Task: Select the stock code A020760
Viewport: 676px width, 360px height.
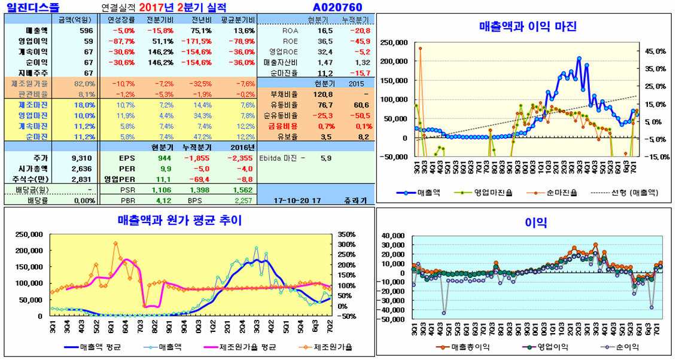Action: click(x=337, y=7)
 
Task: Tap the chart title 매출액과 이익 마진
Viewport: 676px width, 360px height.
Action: click(x=528, y=26)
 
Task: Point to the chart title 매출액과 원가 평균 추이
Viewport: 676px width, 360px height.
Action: click(x=179, y=221)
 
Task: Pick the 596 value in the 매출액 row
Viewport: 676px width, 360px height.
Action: click(x=86, y=31)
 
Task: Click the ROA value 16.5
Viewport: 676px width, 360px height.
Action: click(x=325, y=31)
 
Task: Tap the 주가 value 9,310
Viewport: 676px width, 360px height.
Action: click(x=81, y=158)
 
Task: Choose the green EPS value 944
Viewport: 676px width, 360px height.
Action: click(x=164, y=158)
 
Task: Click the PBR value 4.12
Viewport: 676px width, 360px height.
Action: click(x=163, y=201)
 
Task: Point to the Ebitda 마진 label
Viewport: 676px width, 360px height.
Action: click(x=281, y=158)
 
